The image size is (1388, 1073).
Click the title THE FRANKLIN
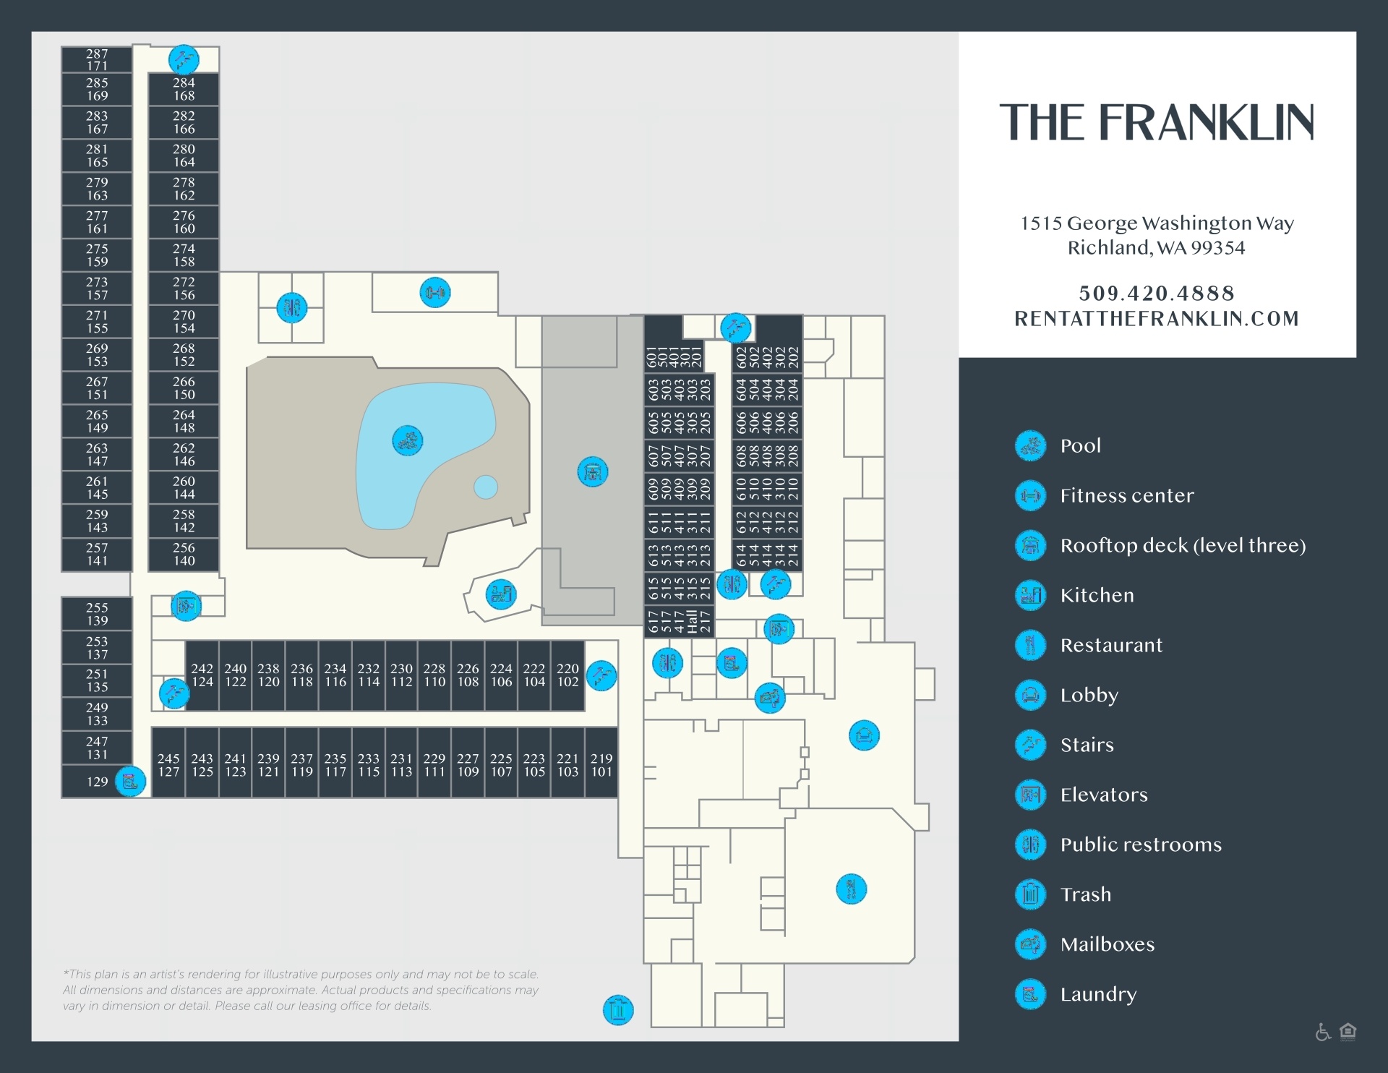[1157, 122]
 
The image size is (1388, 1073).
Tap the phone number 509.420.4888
[1157, 293]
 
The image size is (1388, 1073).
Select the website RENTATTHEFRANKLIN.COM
[1157, 319]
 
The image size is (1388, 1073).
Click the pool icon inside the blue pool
[408, 440]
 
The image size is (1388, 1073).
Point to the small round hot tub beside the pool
[486, 487]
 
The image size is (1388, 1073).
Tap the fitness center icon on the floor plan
[435, 293]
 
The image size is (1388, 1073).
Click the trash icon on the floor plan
[618, 1010]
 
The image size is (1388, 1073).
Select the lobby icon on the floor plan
[864, 736]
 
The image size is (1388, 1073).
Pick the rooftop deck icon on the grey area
[593, 472]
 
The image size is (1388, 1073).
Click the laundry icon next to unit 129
[130, 782]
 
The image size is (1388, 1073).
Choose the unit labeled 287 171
[97, 60]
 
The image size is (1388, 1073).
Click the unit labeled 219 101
[601, 764]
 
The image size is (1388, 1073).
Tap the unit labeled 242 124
[202, 675]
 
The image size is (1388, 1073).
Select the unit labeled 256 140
[184, 555]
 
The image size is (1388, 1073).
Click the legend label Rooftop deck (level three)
[1183, 546]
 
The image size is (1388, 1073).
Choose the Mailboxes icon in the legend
[1031, 944]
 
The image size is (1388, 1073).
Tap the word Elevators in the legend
[1104, 795]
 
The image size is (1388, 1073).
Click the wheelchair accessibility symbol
[1323, 1032]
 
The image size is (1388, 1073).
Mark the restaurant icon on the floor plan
[852, 889]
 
